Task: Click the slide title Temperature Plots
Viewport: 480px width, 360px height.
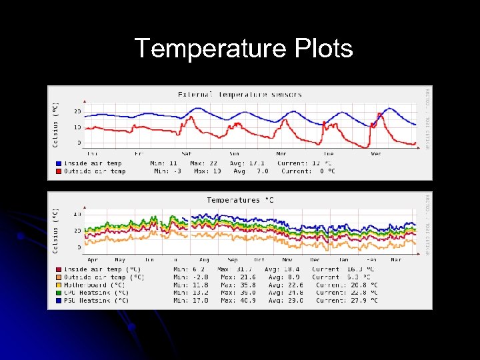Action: point(243,49)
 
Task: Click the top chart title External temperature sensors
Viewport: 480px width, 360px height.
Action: point(239,95)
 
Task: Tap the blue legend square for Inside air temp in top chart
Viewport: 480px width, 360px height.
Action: point(59,163)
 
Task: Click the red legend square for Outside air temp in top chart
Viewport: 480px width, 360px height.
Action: point(59,171)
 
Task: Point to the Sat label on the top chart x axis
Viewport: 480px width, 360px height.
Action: point(187,154)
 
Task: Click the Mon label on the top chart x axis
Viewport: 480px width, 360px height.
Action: point(281,154)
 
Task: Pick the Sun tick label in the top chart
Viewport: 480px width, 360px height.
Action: point(234,154)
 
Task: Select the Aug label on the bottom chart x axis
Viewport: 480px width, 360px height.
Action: point(204,259)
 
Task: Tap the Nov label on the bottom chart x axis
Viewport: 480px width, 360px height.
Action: point(287,259)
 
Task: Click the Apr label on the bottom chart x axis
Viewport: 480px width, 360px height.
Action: point(93,259)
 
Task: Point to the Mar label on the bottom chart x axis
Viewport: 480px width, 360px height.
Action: point(397,259)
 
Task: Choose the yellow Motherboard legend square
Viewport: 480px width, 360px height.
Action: point(59,285)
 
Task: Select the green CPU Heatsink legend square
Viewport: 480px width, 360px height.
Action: point(59,293)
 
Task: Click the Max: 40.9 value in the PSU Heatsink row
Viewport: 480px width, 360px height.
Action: point(239,301)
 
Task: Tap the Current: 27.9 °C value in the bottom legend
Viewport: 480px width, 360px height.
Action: point(347,301)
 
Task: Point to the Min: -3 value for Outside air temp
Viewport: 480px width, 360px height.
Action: point(168,171)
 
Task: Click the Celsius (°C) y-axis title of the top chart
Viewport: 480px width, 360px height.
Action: point(55,125)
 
